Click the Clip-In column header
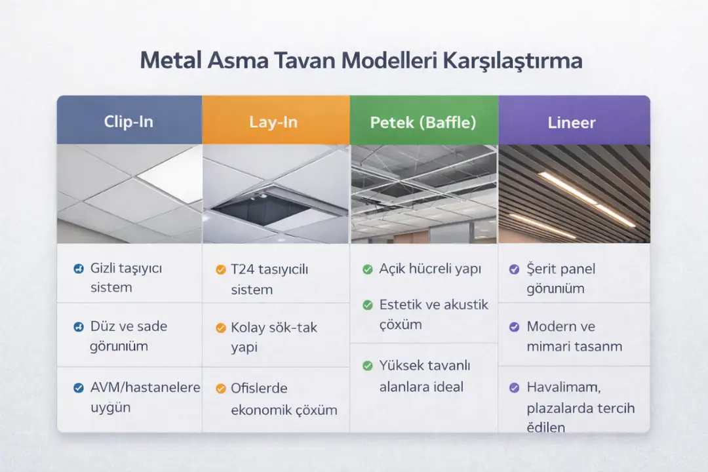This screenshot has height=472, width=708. (129, 122)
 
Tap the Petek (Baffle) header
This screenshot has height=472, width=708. (423, 122)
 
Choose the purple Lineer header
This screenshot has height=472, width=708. (572, 122)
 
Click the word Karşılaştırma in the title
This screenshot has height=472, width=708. (513, 61)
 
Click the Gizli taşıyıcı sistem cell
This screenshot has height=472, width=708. (125, 277)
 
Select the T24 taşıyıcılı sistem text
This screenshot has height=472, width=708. (269, 279)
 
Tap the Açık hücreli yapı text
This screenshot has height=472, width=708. (430, 269)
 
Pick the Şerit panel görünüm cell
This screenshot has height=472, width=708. (560, 278)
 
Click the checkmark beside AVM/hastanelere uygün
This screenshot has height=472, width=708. (77, 388)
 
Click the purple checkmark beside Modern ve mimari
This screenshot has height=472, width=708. (515, 326)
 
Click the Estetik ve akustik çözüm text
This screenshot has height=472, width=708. (433, 315)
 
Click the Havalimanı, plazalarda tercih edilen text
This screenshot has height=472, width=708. (580, 407)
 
